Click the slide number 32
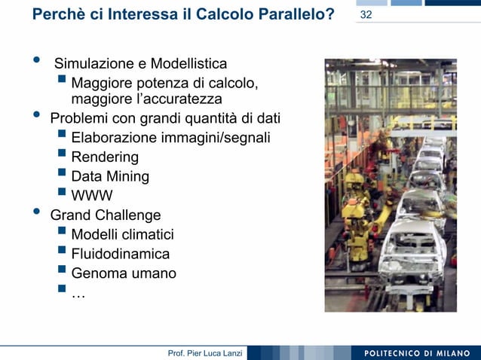(366, 15)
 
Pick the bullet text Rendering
(105, 157)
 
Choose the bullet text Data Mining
(110, 177)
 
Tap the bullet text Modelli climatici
(122, 235)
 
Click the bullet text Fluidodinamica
(121, 255)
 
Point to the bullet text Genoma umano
(124, 273)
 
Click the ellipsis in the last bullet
(78, 294)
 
